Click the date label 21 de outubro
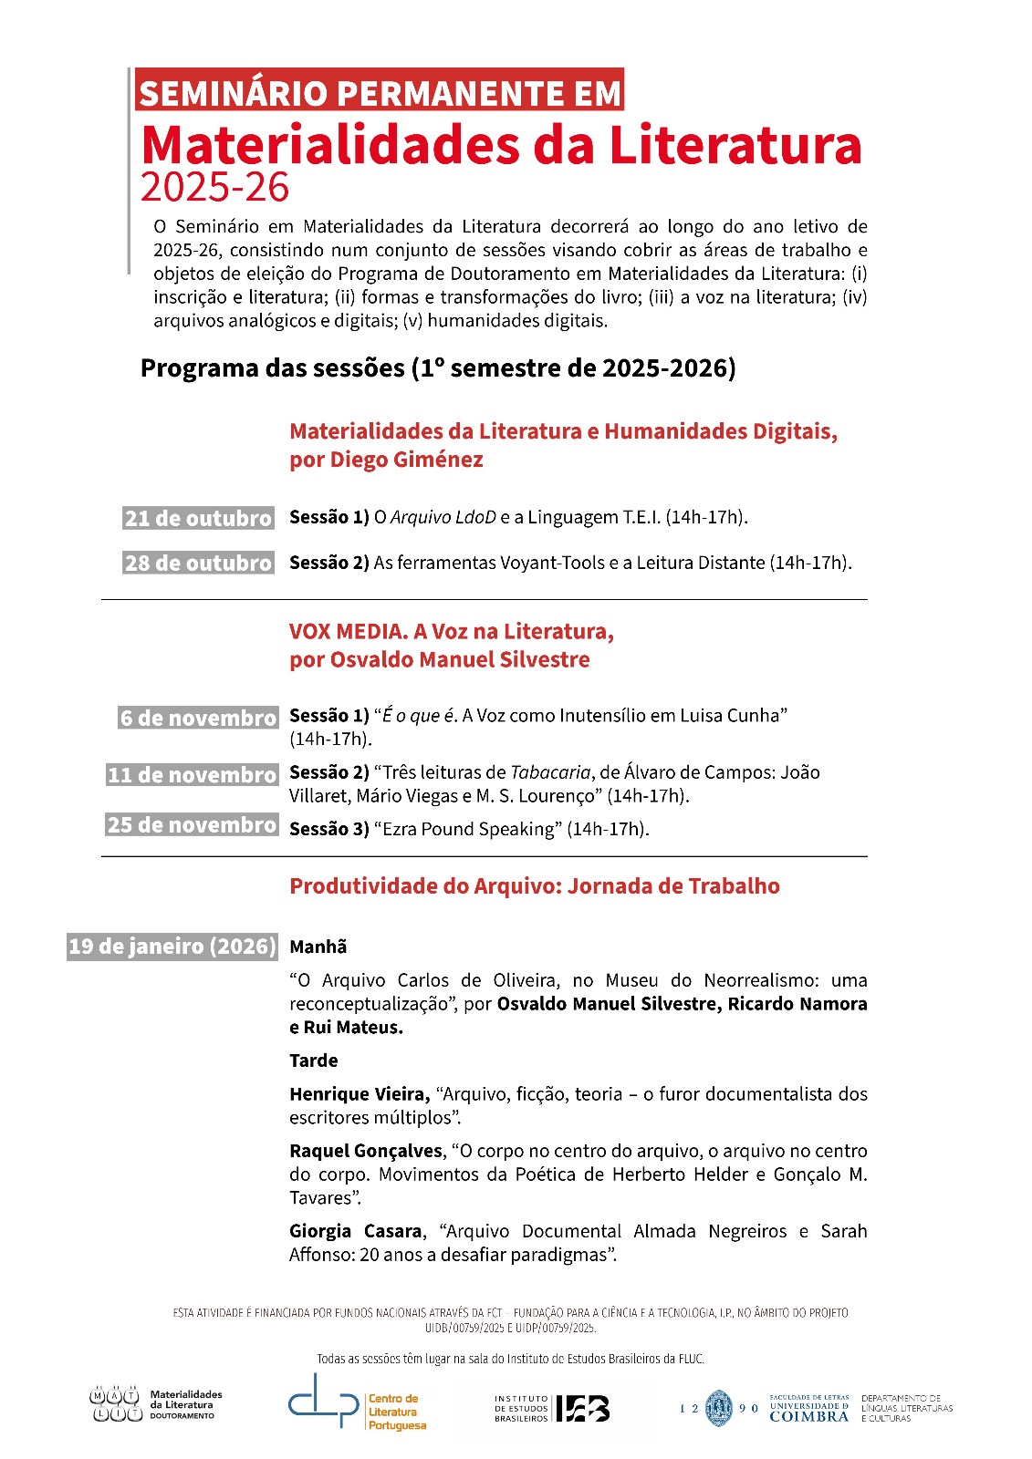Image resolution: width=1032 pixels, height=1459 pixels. click(198, 518)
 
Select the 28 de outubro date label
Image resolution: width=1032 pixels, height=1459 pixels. click(198, 563)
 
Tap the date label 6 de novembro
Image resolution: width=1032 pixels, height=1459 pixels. click(197, 718)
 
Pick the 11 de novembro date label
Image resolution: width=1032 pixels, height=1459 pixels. click(192, 775)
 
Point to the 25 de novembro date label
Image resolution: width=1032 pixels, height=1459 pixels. click(192, 824)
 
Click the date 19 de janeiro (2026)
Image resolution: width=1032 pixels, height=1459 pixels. click(172, 946)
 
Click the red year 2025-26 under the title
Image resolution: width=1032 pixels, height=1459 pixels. click(214, 187)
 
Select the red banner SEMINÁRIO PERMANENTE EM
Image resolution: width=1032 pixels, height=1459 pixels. click(380, 92)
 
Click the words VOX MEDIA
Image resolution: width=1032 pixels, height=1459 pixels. click(347, 631)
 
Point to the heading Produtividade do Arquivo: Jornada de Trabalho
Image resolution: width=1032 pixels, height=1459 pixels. click(534, 886)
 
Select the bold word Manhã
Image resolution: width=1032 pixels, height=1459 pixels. click(318, 947)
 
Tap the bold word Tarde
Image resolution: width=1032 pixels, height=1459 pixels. click(313, 1061)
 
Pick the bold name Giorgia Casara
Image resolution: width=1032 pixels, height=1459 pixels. click(355, 1231)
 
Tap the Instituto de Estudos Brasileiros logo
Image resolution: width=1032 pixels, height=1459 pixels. click(553, 1409)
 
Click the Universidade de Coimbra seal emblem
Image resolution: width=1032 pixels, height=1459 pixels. click(719, 1409)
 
